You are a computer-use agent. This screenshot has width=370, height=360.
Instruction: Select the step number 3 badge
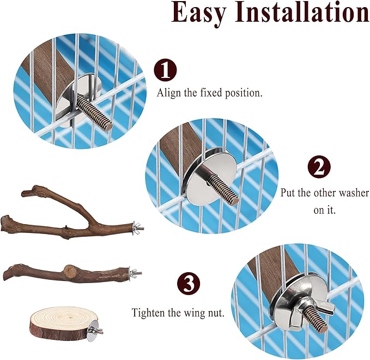pyautogui.click(x=188, y=284)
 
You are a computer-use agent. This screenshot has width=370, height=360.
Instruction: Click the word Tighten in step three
pyautogui.click(x=149, y=313)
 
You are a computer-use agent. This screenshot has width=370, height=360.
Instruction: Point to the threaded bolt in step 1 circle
pyautogui.click(x=95, y=110)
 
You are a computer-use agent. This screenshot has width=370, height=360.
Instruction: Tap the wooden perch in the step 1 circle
pyautogui.click(x=49, y=71)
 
